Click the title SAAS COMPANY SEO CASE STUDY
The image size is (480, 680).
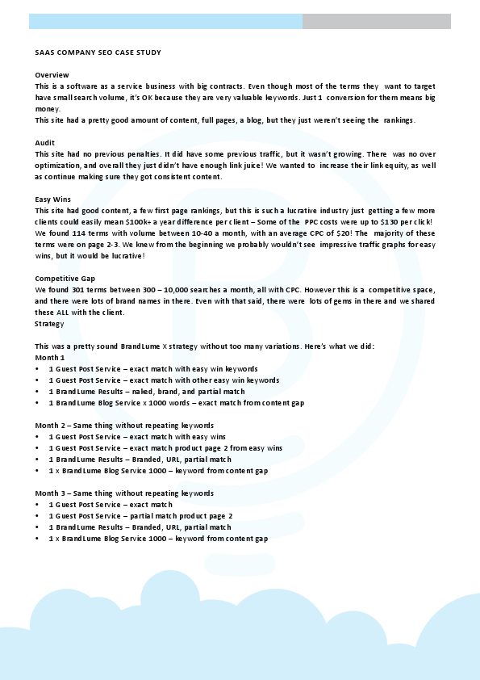[x=98, y=52]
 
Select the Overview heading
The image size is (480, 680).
[x=52, y=74]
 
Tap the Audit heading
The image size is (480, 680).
[x=45, y=142]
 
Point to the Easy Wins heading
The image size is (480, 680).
[x=54, y=199]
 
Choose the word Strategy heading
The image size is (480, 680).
[x=50, y=323]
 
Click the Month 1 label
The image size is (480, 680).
[x=50, y=357]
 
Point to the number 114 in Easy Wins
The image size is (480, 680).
[x=73, y=233]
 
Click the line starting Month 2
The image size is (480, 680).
[x=124, y=425]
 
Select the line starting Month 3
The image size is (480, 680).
[x=124, y=493]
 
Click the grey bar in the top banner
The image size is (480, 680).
[x=376, y=21]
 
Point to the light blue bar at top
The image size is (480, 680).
[x=165, y=21]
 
